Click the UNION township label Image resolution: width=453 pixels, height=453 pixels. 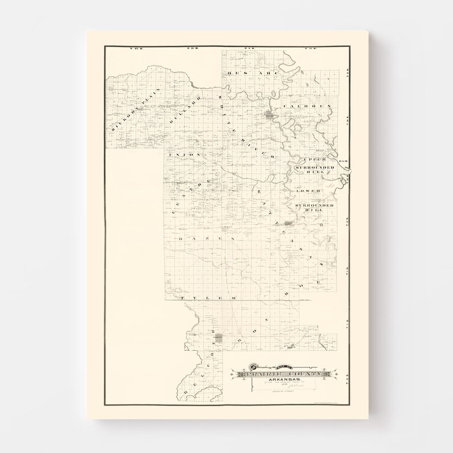185,155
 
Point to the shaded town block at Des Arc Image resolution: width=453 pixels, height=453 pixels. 269,116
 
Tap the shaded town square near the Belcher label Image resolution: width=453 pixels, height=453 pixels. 219,339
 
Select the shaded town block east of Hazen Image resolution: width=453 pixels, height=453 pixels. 289,224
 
